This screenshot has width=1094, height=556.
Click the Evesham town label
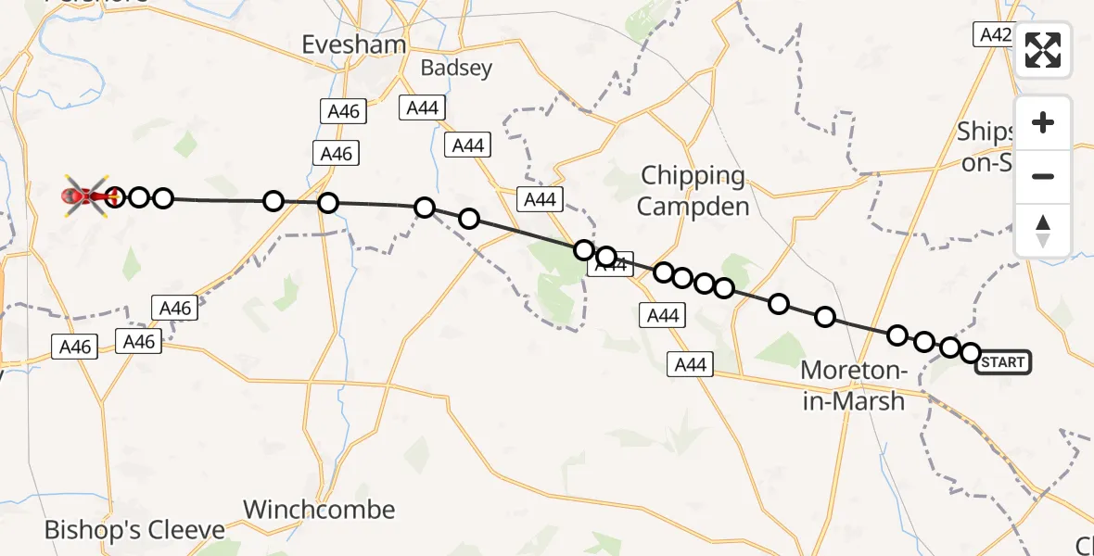[x=354, y=44]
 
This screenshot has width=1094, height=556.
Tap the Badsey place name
[x=455, y=68]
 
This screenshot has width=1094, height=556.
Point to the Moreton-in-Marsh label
[x=853, y=385]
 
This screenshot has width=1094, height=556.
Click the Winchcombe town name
[x=319, y=510]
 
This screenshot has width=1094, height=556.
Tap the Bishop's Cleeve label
[x=134, y=531]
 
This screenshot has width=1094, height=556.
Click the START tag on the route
[x=1003, y=361]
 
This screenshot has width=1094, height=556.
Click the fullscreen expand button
[x=1043, y=50]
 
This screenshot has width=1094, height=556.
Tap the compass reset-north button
[x=1043, y=230]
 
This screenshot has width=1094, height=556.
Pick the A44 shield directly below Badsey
[x=422, y=107]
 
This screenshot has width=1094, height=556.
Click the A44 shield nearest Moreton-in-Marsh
[x=691, y=365]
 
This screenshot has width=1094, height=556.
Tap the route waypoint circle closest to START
[x=971, y=353]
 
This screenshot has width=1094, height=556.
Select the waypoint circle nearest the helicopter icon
[x=115, y=196]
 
